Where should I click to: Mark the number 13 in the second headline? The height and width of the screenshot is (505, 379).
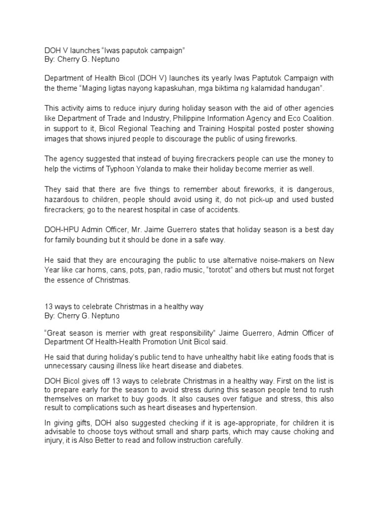[49, 307]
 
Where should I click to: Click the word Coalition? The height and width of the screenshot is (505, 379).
[314, 119]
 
